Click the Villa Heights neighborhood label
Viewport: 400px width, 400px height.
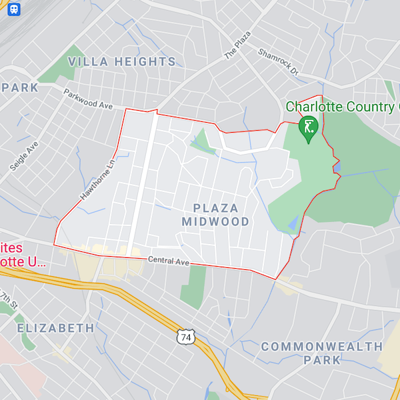pos(122,62)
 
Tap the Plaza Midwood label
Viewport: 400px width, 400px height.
pos(215,214)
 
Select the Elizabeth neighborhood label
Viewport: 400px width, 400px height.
pos(55,328)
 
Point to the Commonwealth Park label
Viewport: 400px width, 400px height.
pos(321,353)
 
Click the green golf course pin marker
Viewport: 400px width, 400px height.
pos(308,129)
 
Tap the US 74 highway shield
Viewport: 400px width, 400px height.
pos(186,337)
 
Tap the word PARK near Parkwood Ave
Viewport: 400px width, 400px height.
pos(19,87)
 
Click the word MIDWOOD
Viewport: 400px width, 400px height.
pos(215,221)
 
